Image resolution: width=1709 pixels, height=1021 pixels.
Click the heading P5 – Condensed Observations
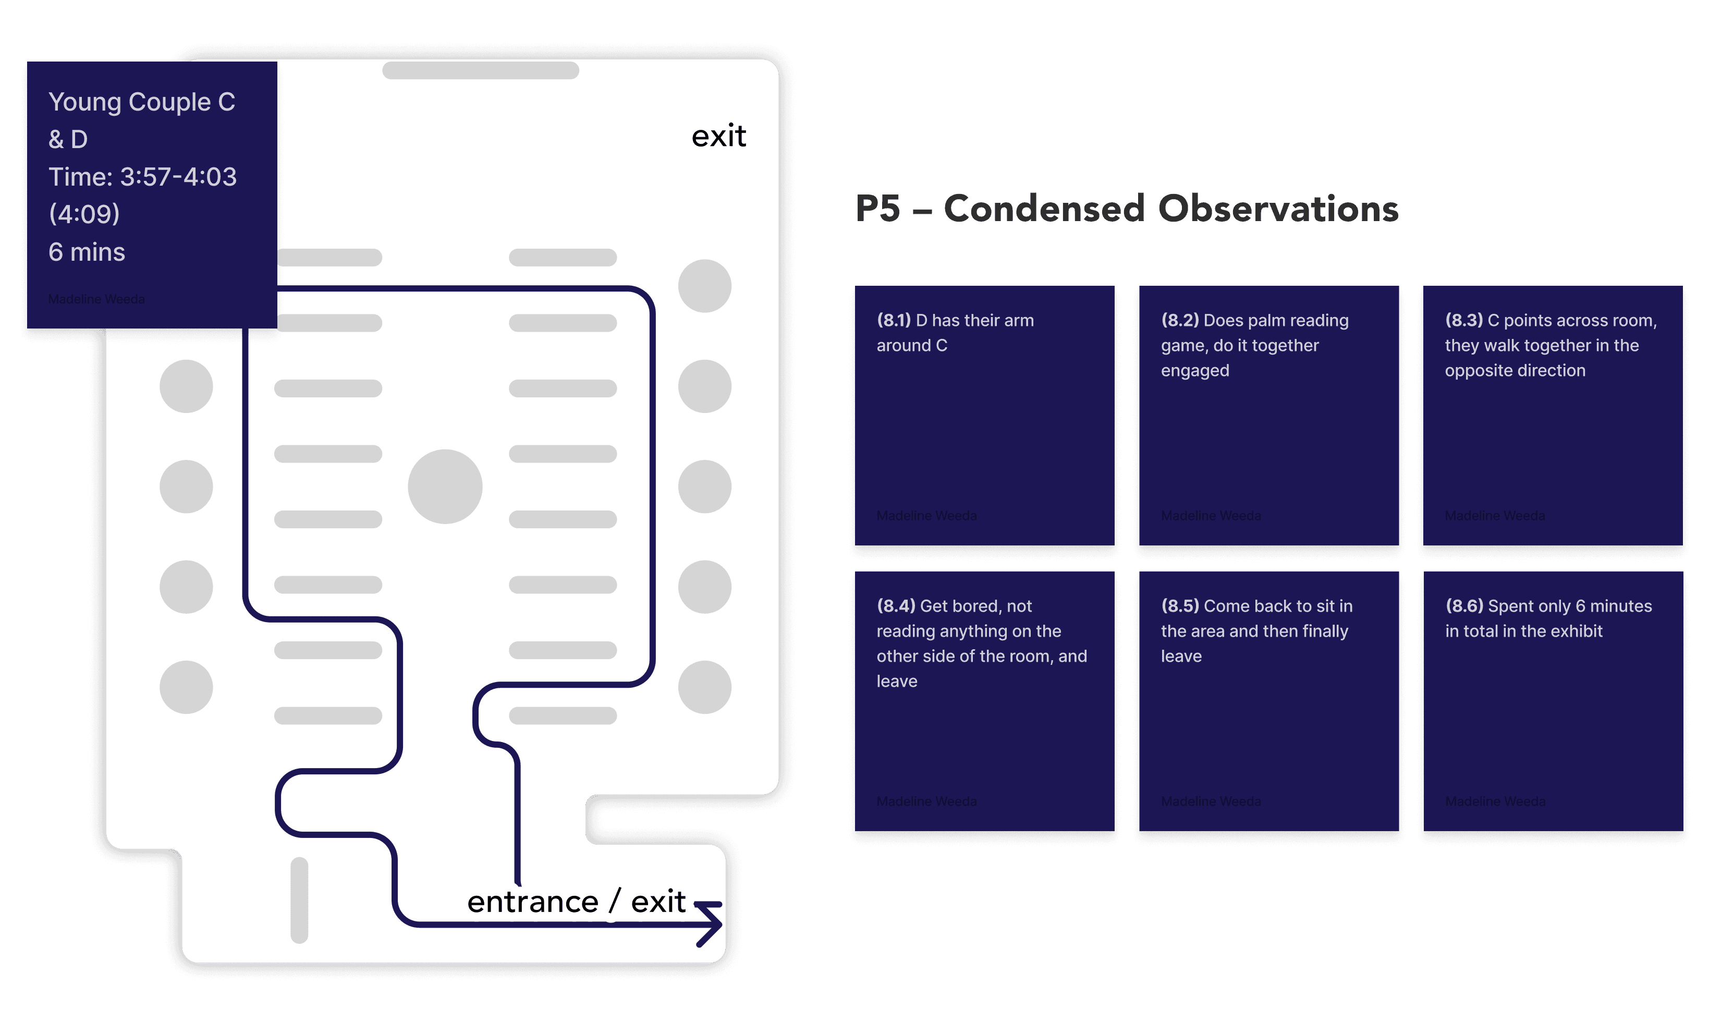click(x=1127, y=209)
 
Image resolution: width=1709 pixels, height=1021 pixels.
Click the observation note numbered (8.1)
click(x=984, y=416)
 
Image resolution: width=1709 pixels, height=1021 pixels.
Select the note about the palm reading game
click(x=1269, y=416)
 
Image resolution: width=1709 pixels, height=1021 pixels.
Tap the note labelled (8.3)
click(x=1553, y=416)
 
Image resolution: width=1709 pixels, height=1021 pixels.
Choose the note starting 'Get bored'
click(x=984, y=702)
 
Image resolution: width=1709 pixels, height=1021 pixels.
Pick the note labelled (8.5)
click(x=1269, y=702)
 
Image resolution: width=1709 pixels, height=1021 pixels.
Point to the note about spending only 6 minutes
click(x=1553, y=702)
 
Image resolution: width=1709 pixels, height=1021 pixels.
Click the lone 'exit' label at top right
click(x=718, y=136)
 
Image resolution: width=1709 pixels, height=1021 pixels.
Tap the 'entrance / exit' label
click(x=576, y=901)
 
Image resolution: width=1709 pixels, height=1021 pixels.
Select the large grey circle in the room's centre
click(x=445, y=487)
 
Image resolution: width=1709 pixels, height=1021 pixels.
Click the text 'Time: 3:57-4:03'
click(x=142, y=177)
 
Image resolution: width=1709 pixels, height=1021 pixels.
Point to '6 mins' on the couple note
click(x=87, y=252)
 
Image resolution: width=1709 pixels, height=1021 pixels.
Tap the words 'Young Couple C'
click(x=142, y=102)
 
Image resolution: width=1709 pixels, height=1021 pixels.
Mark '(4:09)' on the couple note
click(x=84, y=214)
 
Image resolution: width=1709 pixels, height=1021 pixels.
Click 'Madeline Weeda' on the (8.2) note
click(x=1211, y=515)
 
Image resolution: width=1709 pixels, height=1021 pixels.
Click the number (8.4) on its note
click(x=895, y=606)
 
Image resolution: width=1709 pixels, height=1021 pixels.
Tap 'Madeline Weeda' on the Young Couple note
click(x=96, y=299)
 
